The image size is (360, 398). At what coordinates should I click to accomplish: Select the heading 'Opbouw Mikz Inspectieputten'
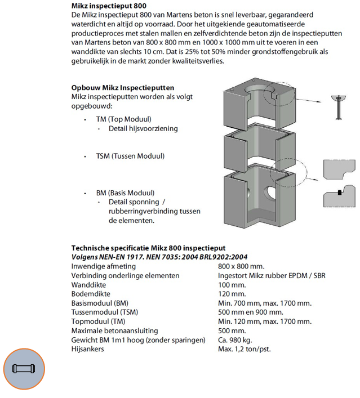tap(122, 88)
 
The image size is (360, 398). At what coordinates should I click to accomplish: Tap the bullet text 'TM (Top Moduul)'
tap(123, 119)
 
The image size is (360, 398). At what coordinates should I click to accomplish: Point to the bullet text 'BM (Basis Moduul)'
tap(125, 193)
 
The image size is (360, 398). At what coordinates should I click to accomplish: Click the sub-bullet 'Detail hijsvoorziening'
tap(143, 128)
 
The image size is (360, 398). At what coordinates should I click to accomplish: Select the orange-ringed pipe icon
tap(23, 370)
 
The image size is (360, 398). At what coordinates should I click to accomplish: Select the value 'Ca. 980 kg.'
tap(236, 340)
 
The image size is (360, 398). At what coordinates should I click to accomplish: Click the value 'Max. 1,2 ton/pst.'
tap(244, 349)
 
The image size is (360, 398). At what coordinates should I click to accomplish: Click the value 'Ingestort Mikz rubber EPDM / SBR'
tap(272, 275)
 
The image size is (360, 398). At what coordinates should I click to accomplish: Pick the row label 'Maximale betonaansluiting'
tap(114, 330)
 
